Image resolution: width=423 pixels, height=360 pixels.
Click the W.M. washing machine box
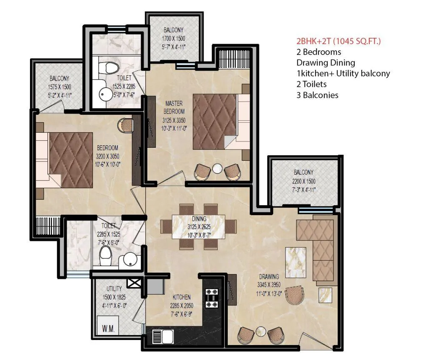tap(108, 325)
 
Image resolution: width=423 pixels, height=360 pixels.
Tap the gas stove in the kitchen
tap(212, 298)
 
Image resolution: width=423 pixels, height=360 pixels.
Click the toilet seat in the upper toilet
tap(108, 67)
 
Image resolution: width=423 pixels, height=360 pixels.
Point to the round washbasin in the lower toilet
tap(130, 259)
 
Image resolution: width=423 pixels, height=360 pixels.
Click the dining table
tap(199, 226)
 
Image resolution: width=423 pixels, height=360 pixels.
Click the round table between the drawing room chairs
tap(261, 331)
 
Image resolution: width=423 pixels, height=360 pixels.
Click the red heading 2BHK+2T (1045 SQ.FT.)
tap(338, 41)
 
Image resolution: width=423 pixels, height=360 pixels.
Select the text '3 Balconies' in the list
tap(317, 95)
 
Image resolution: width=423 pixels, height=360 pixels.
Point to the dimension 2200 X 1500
tap(304, 181)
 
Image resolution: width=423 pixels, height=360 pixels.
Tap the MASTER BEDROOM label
tap(174, 107)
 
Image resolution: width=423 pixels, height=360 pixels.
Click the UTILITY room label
tap(114, 288)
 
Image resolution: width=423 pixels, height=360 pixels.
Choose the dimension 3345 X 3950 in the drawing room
tap(269, 285)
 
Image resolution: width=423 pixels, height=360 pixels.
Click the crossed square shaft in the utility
tap(134, 283)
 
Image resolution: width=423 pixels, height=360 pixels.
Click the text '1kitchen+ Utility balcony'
tap(343, 73)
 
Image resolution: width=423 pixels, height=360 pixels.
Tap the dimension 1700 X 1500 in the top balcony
tap(174, 39)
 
